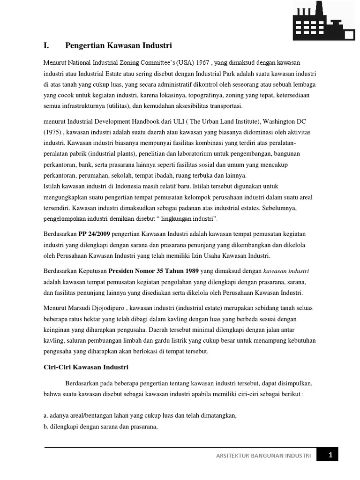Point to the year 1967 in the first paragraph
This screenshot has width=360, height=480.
(x=202, y=63)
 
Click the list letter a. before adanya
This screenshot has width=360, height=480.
(x=46, y=415)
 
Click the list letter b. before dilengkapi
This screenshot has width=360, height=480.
(x=46, y=427)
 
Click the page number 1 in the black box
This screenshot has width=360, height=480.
(x=330, y=455)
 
